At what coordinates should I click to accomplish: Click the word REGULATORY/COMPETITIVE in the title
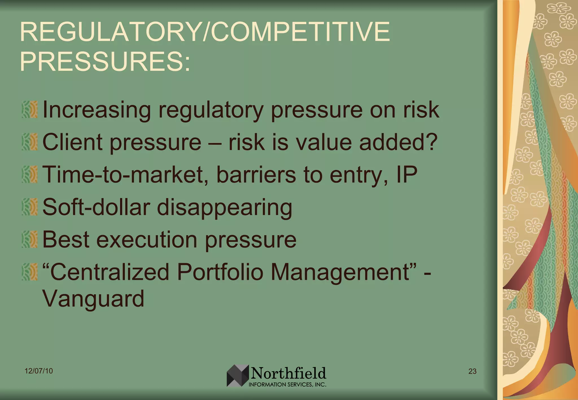click(205, 32)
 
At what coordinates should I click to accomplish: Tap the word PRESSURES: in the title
click(105, 61)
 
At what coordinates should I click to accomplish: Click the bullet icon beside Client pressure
click(30, 142)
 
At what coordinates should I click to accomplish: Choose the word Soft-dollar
click(96, 207)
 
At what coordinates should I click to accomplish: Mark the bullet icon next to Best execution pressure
click(30, 239)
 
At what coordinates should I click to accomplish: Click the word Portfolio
click(220, 272)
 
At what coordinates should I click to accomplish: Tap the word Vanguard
click(93, 299)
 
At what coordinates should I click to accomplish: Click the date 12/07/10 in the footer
click(39, 371)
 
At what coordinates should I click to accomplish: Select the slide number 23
click(472, 371)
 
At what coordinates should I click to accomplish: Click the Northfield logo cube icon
click(238, 375)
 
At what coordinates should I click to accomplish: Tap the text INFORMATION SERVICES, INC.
click(287, 384)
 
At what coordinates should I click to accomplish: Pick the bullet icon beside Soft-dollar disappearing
click(30, 207)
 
